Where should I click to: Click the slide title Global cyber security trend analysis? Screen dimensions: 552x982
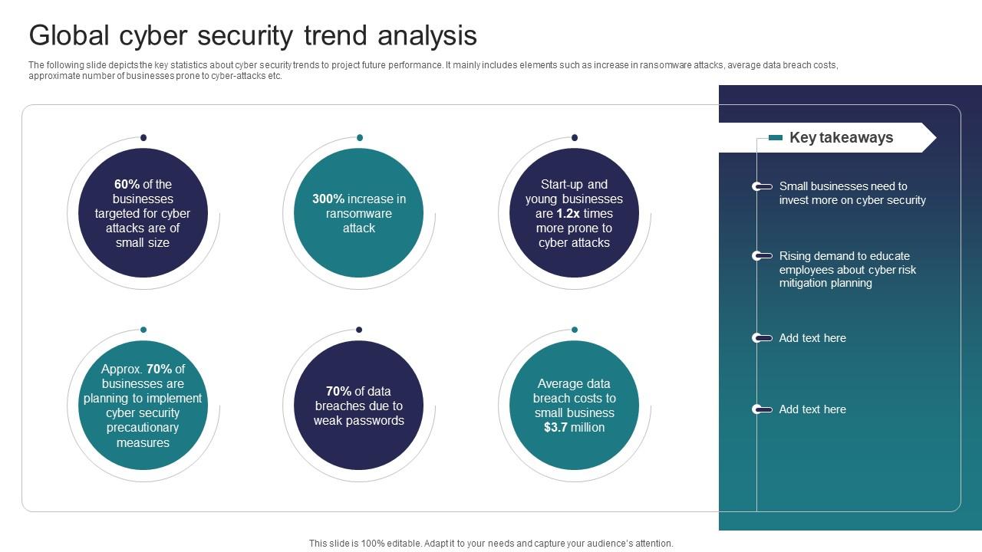pos(252,35)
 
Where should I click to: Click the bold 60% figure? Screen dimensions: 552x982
pos(127,184)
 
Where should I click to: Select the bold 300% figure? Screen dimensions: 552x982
pos(328,199)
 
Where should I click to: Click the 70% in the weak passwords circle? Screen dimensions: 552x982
pos(338,391)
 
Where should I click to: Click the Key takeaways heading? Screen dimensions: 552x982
pos(841,138)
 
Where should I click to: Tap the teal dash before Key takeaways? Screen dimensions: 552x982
pos(776,138)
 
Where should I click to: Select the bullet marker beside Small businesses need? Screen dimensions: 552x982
pos(761,186)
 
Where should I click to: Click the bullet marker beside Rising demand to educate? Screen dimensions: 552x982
pos(761,256)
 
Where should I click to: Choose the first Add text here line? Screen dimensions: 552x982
pos(812,338)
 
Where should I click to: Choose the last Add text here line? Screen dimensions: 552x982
pos(812,409)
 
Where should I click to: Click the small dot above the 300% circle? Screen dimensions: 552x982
pos(359,138)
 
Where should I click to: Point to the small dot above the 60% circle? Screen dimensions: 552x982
pos(143,138)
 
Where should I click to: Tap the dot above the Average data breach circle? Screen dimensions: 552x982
pos(575,330)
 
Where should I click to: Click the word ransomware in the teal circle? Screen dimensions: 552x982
pos(358,213)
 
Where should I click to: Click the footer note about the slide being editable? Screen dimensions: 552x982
pos(491,543)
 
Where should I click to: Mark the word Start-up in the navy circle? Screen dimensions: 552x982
pos(562,184)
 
